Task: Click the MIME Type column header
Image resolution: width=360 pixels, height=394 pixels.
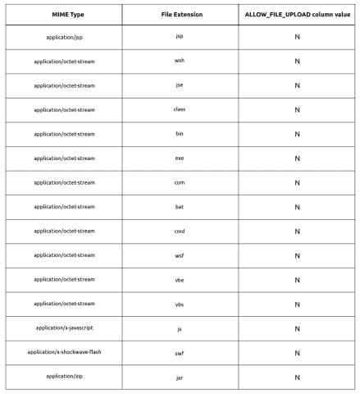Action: point(64,15)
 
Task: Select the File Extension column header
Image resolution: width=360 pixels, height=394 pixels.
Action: point(180,15)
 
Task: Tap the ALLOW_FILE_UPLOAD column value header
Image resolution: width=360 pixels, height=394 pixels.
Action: point(297,15)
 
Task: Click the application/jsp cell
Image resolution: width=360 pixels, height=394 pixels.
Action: point(64,37)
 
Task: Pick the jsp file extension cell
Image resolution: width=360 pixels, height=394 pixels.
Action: point(180,37)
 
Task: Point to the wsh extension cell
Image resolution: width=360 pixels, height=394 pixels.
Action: point(180,61)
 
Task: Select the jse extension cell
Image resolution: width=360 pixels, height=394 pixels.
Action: point(180,85)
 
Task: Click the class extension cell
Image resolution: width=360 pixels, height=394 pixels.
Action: point(180,109)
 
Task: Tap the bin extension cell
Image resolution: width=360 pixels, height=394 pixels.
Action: point(180,134)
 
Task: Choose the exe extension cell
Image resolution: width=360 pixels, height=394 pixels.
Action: point(180,158)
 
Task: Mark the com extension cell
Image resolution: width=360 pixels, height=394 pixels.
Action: point(180,182)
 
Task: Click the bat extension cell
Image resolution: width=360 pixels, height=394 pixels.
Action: point(180,207)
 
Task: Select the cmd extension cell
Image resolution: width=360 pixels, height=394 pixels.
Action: point(180,231)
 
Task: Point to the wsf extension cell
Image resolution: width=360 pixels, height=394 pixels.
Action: point(180,255)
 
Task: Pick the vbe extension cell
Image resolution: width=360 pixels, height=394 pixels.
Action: point(180,279)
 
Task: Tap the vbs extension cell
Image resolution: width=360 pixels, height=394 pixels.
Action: point(180,304)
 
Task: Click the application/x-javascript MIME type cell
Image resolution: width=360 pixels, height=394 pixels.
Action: point(64,328)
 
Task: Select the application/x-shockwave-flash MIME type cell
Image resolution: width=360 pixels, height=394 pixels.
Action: point(64,352)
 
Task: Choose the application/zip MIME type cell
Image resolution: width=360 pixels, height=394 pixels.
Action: point(64,377)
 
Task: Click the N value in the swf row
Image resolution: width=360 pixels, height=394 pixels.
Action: point(297,353)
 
